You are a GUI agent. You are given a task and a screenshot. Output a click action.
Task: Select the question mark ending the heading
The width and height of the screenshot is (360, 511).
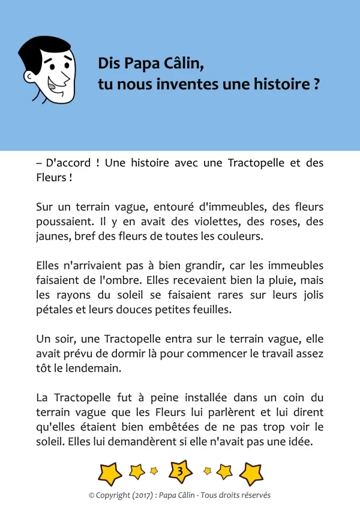pos(316,85)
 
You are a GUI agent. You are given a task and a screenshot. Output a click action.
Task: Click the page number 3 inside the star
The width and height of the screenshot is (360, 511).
pos(180,471)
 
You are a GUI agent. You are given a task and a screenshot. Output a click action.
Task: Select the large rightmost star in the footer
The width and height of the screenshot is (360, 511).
pos(251,473)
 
